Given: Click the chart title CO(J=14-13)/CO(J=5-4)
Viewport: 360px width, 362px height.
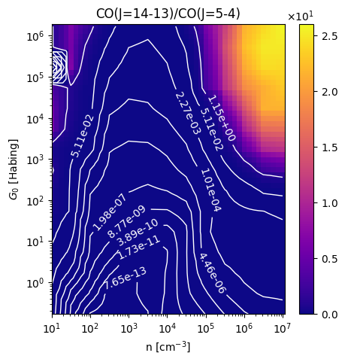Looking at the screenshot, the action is pos(168,14).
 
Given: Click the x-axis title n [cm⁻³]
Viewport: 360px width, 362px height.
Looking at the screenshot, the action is pos(168,347).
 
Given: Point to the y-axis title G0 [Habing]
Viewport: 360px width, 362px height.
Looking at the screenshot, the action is pos(14,169).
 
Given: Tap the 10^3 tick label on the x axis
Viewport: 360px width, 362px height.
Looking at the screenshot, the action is pos(129,328).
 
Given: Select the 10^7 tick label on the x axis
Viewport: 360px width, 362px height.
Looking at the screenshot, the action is pos(283,328).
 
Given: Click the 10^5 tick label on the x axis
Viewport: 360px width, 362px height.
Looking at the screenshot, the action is pos(206,328).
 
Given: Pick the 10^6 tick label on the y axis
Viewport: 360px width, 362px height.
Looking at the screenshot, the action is pos(35,37).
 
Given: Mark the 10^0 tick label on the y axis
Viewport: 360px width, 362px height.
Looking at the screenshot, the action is pos(35,284).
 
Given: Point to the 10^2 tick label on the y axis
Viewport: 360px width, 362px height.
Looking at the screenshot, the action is pos(35,202).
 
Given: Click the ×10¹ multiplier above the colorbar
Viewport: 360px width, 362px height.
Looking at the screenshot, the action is pos(301,17).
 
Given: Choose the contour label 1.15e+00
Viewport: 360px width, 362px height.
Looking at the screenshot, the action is pos(222,118).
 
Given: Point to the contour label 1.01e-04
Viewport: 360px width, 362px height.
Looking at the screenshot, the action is pos(211,190).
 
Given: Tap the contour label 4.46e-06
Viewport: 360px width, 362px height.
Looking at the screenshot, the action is pos(213,273).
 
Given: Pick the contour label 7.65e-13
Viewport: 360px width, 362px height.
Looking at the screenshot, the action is pos(125,278).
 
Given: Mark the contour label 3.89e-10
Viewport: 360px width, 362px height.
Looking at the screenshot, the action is pos(138,233).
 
